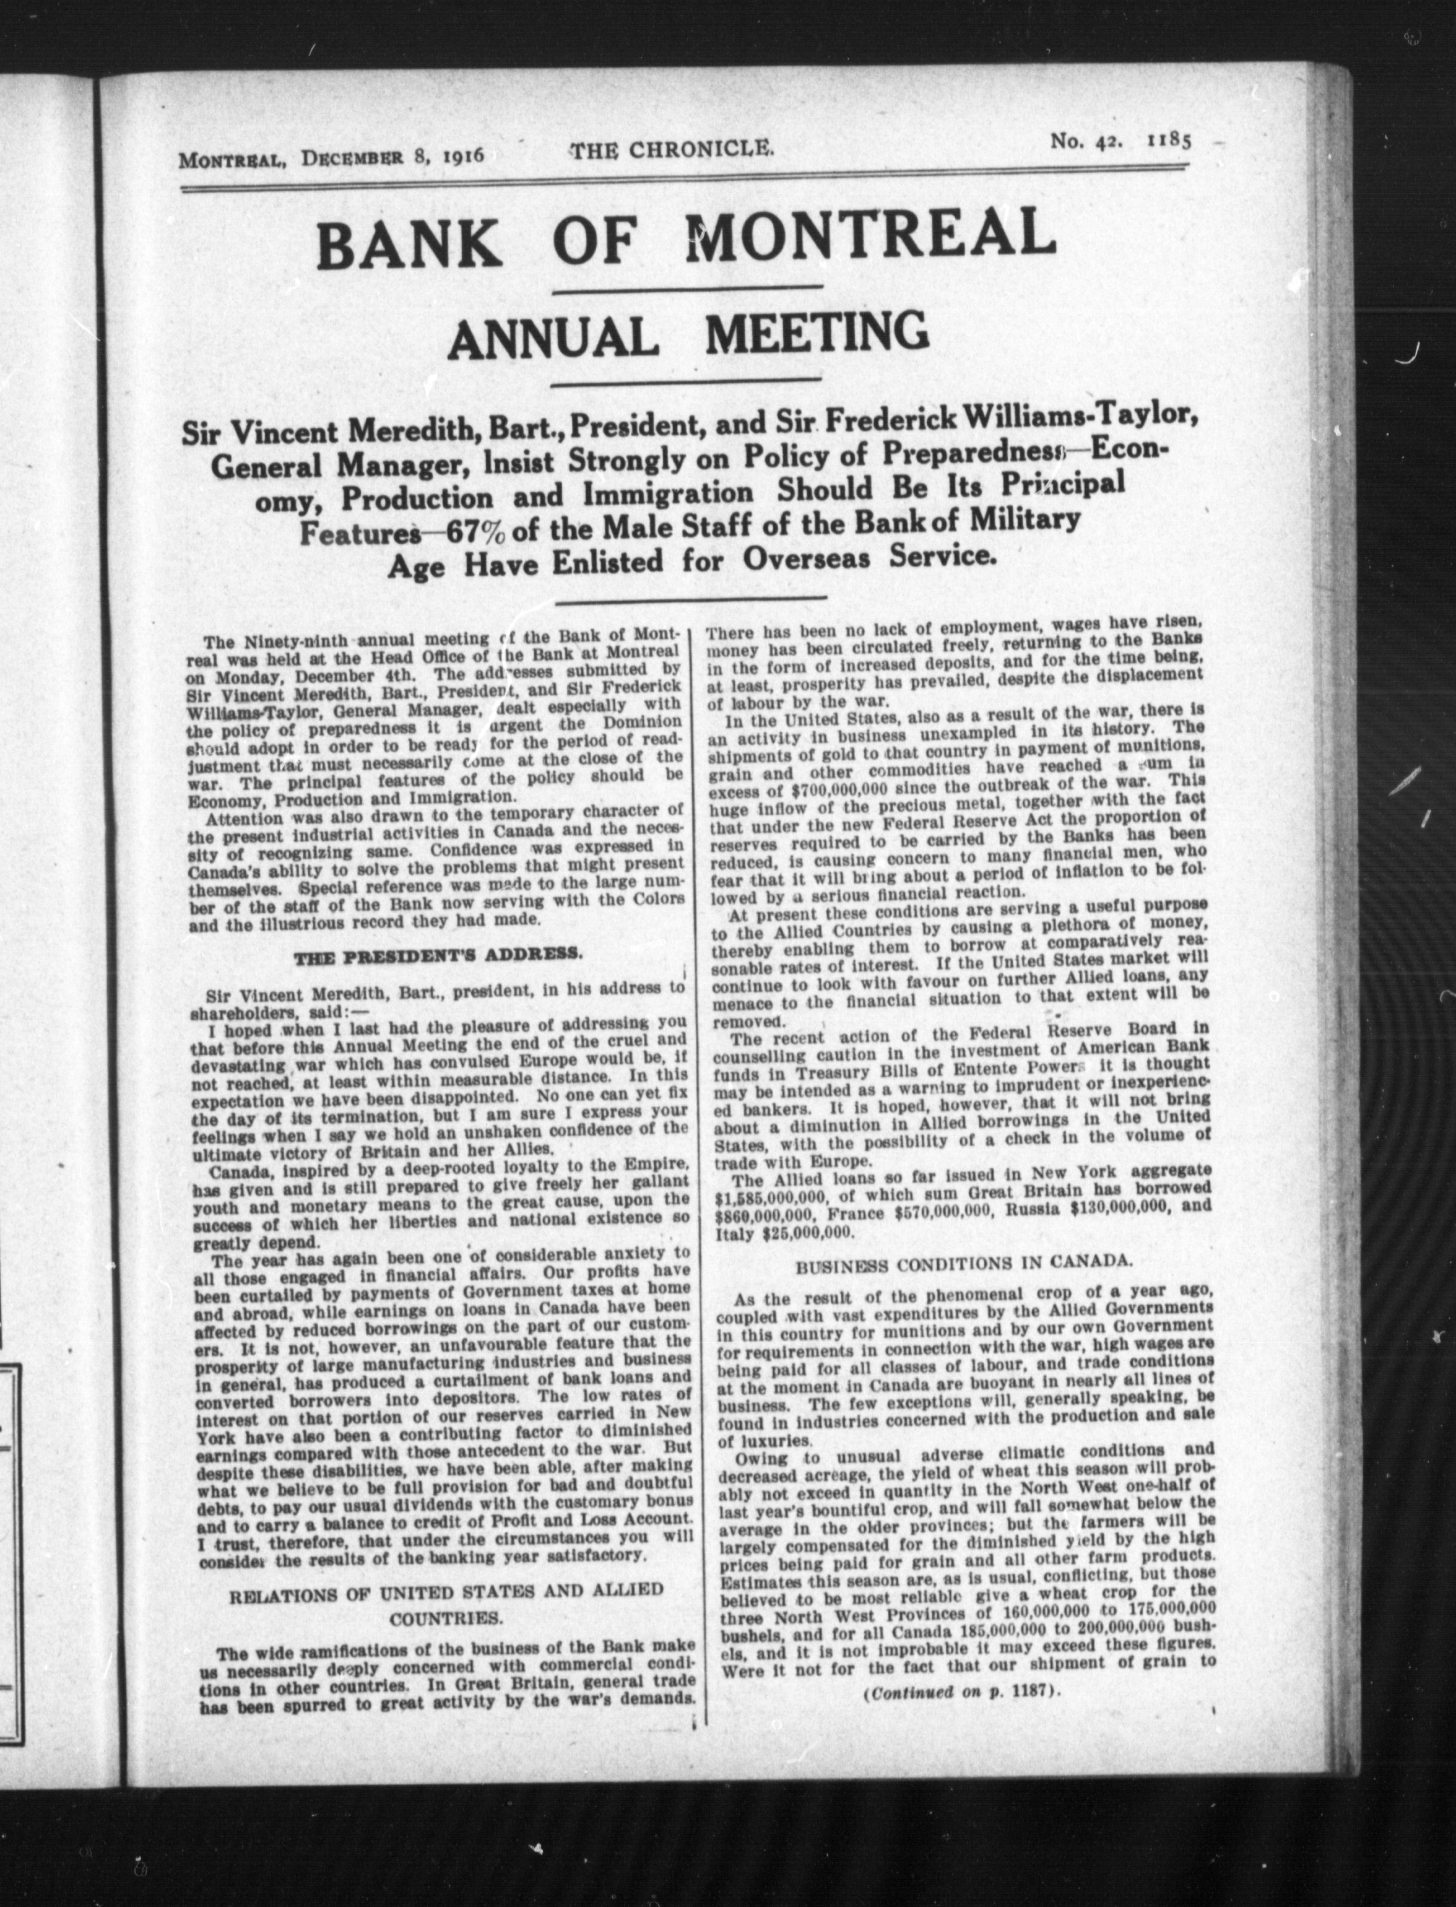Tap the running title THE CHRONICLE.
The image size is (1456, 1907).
tap(670, 149)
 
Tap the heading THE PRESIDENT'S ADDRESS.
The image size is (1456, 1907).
tap(438, 956)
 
